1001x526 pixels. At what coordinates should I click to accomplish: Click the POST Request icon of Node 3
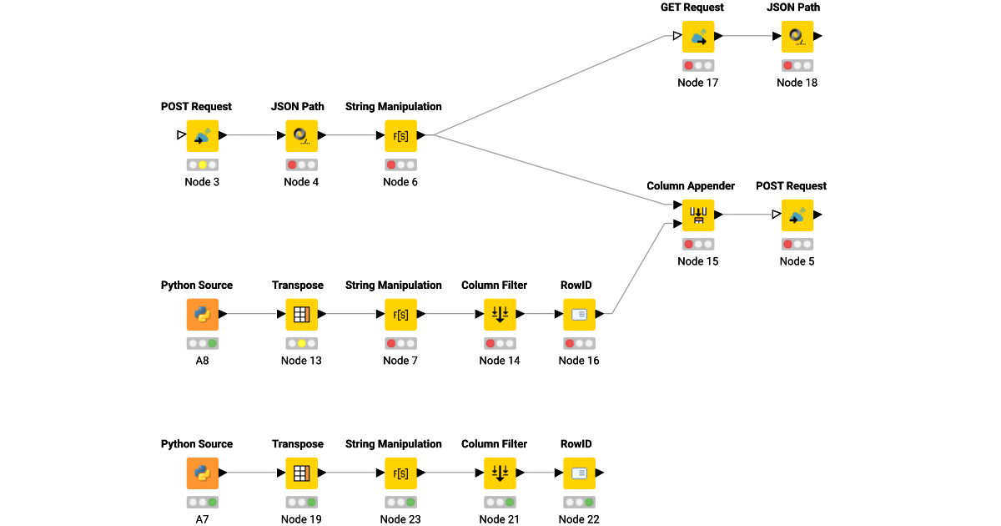click(202, 135)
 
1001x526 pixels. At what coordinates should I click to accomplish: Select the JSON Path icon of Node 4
click(301, 135)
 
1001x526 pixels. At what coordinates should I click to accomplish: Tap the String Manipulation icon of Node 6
click(400, 135)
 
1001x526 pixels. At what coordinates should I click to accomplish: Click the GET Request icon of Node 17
click(697, 36)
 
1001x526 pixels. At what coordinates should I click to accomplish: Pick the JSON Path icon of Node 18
click(797, 36)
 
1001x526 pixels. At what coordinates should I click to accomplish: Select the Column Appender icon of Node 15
click(697, 215)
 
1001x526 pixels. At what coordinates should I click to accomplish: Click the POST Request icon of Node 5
click(797, 215)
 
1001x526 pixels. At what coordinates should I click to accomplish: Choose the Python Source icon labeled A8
click(202, 314)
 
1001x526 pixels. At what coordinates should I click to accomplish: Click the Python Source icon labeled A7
click(202, 473)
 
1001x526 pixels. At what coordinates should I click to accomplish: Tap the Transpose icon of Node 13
click(301, 314)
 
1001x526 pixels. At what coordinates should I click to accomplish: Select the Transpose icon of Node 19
click(301, 473)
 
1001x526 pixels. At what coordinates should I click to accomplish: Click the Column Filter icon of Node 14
click(500, 314)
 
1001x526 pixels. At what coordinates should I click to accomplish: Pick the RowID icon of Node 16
click(579, 314)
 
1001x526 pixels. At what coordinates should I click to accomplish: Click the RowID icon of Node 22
click(579, 473)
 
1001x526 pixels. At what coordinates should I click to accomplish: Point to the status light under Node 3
click(202, 164)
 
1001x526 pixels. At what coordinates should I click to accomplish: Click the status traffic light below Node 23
click(400, 502)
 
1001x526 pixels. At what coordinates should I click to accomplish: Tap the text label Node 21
click(500, 519)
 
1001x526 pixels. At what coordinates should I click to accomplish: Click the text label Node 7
click(400, 361)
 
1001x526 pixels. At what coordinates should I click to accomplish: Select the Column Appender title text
click(691, 186)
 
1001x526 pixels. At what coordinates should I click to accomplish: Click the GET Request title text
click(692, 8)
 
